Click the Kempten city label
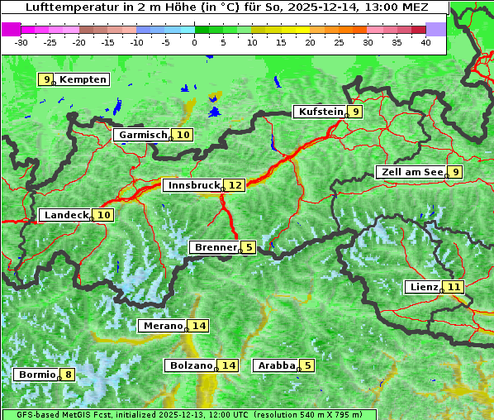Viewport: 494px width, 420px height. [x=83, y=79]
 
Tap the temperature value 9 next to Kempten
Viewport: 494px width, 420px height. [x=47, y=79]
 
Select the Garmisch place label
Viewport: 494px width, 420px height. [x=143, y=135]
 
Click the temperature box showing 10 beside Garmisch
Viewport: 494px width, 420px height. [x=183, y=135]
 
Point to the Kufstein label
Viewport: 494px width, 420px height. [x=320, y=112]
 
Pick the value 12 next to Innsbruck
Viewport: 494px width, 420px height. [x=235, y=185]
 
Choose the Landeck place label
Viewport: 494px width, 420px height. [x=65, y=215]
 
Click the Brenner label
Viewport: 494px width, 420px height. [x=215, y=247]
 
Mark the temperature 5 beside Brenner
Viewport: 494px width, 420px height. [x=249, y=247]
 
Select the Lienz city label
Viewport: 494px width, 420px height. [x=423, y=287]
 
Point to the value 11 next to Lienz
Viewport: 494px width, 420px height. [x=454, y=287]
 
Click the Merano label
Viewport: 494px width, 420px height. [x=162, y=326]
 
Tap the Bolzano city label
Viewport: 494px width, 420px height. [x=191, y=365]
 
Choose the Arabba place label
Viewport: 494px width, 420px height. [x=276, y=365]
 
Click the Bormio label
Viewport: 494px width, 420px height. [x=37, y=375]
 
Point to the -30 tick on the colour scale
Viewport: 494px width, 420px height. [x=21, y=41]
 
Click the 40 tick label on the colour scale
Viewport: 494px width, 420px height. [x=425, y=41]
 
